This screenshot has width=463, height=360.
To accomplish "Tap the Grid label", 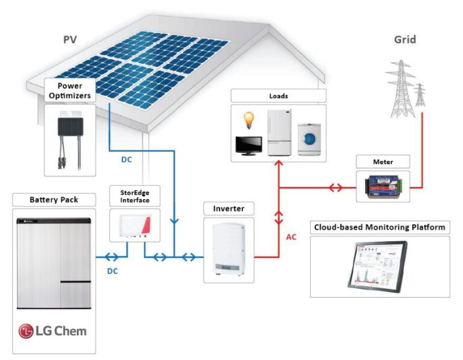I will (x=405, y=40).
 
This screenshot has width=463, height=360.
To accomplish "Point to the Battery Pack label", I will (x=54, y=199).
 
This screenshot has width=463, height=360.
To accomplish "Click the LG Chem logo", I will (x=52, y=330).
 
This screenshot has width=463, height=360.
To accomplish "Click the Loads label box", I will (x=278, y=96).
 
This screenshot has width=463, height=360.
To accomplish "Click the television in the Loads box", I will (x=248, y=145).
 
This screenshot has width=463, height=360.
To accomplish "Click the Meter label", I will (x=383, y=162).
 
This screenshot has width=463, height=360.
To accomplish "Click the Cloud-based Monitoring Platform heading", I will (x=380, y=227).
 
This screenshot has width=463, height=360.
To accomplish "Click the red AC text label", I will (x=291, y=237).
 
